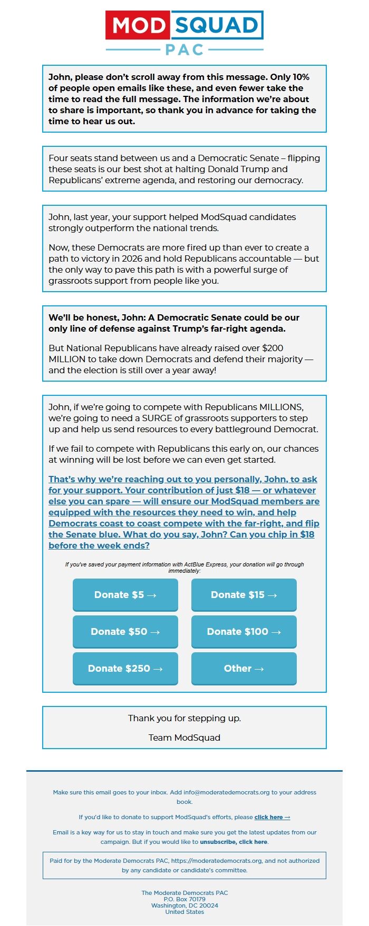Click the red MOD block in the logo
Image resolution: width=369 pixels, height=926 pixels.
pos(138,25)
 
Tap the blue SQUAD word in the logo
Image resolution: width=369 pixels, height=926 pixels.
pos(216,25)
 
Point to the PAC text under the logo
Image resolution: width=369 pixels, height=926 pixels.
pos(184,49)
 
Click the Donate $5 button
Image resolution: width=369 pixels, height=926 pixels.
pos(125,595)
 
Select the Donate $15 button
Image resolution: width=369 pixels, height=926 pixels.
pos(244,595)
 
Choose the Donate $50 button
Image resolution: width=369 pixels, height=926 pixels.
pos(125,632)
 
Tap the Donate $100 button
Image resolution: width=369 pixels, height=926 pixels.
pos(244,632)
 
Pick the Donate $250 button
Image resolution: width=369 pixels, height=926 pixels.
pos(125,669)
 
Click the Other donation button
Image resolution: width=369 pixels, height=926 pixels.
pos(244,669)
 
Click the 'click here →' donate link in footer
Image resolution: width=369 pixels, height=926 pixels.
pos(272,817)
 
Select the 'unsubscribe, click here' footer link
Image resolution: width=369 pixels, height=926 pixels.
pos(234,842)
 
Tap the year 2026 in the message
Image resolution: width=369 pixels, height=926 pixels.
pos(132,258)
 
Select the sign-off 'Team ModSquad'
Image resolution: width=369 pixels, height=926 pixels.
pos(184,738)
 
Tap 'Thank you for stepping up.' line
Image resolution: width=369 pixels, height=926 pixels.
pos(184,718)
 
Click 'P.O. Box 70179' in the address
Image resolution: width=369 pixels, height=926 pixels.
pos(184,899)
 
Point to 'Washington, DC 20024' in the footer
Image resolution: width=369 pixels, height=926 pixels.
pos(184,905)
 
